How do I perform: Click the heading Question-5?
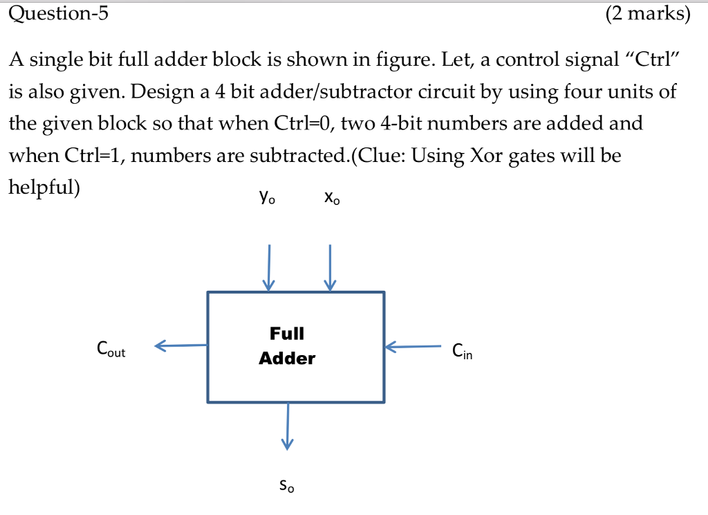pyautogui.click(x=59, y=14)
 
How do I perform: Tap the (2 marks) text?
pyautogui.click(x=647, y=14)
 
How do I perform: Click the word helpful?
pyautogui.click(x=41, y=188)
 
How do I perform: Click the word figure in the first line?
pyautogui.click(x=404, y=60)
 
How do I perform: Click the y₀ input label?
pyautogui.click(x=267, y=198)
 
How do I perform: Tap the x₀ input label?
pyautogui.click(x=331, y=198)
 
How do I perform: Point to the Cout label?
pyautogui.click(x=111, y=350)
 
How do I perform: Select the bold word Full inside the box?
pyautogui.click(x=286, y=334)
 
